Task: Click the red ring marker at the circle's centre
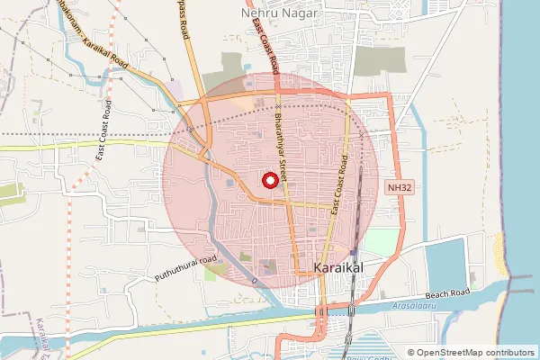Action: pos(269,181)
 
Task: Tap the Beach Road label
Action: pos(449,294)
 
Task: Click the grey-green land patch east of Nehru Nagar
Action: pos(377,60)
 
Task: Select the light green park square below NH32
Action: pos(381,241)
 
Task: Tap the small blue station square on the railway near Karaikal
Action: pos(354,251)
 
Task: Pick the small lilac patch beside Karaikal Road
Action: pos(177,91)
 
